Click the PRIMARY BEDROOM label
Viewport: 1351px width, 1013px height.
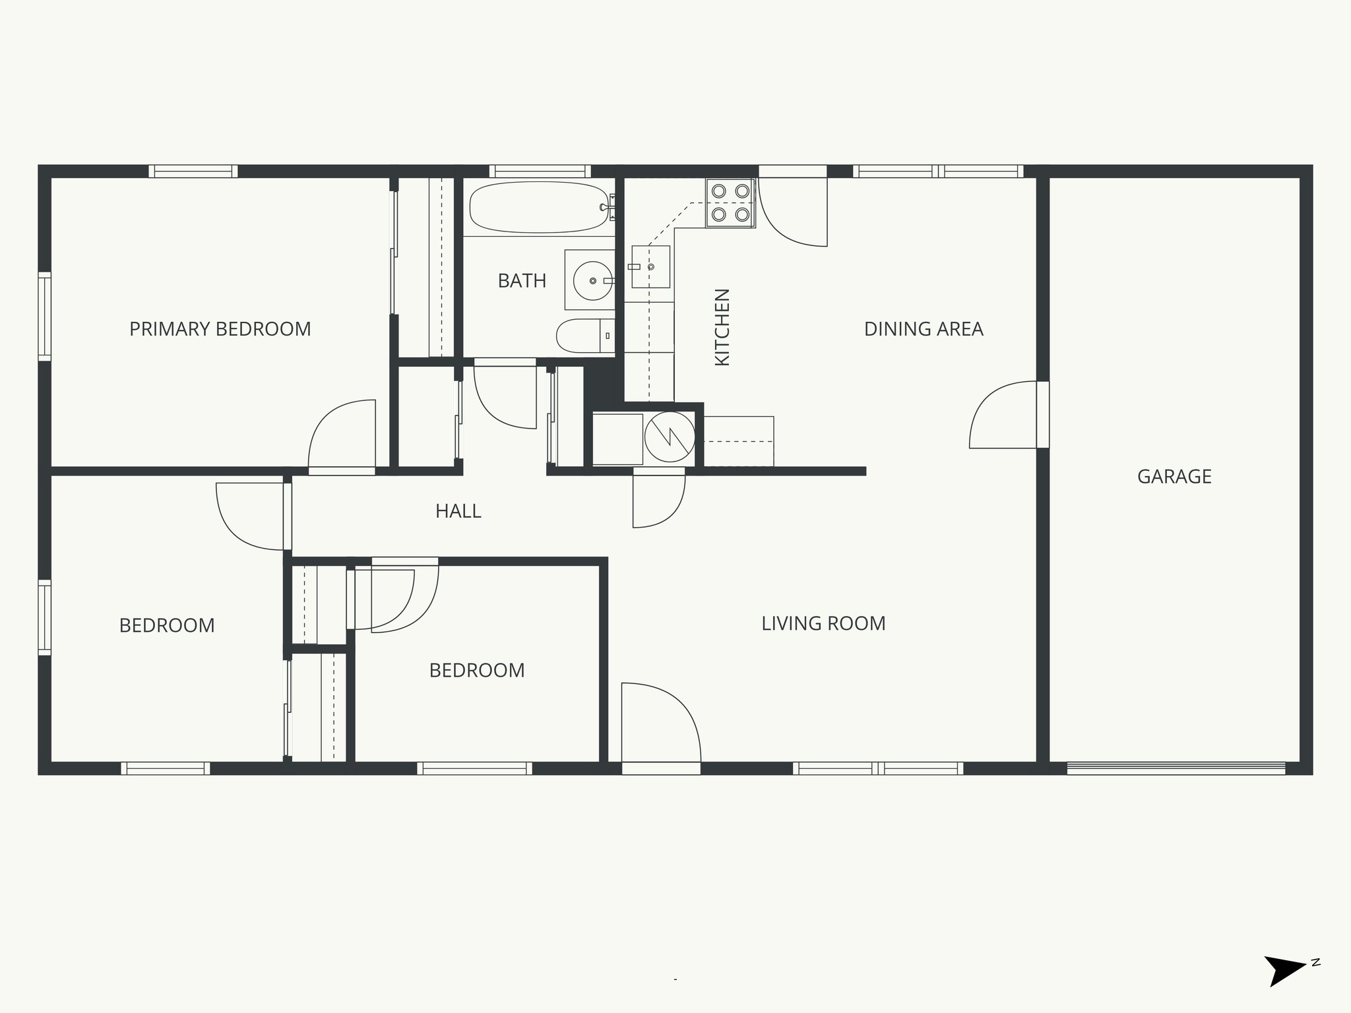[220, 329]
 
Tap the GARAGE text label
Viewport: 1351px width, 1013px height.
[1174, 477]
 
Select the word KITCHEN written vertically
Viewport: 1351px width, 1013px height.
[722, 327]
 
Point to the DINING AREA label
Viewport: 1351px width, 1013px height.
[923, 329]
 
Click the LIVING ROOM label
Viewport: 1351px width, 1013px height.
[823, 623]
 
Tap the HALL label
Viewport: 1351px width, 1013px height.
[458, 511]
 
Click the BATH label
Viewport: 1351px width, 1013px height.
[522, 281]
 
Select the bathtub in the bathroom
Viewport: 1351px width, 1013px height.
[538, 207]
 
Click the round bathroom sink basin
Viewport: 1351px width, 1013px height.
[592, 281]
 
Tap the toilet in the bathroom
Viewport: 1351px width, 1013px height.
[584, 336]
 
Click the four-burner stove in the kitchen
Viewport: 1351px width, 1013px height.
[730, 202]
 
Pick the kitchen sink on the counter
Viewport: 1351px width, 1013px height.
[650, 266]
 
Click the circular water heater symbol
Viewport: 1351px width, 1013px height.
[669, 436]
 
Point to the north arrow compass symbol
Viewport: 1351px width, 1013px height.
[1285, 987]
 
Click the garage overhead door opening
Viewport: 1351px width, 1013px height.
[1176, 768]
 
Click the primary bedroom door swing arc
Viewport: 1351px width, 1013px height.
[341, 435]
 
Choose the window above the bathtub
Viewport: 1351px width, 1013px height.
[540, 171]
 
